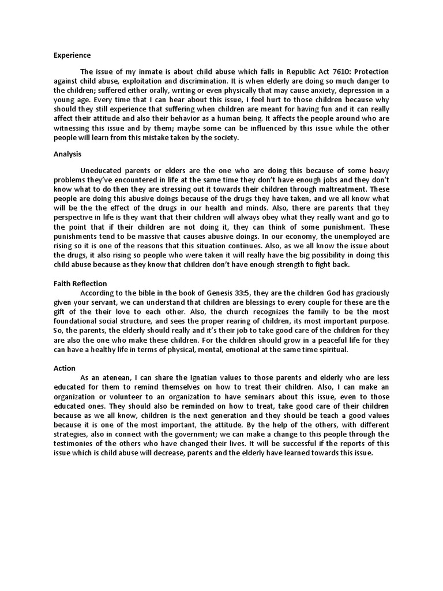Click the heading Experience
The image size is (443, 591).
pos(72,55)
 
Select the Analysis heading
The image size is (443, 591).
pos(67,154)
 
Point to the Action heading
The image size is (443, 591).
pos(65,368)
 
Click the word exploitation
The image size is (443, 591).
pos(148,81)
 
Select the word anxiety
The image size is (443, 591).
pos(302,90)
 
